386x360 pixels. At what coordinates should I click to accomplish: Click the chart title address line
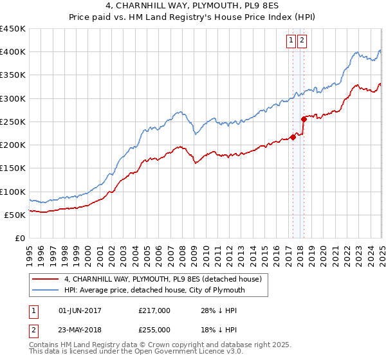click(193, 7)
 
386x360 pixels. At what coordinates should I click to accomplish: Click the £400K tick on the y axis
click(14, 52)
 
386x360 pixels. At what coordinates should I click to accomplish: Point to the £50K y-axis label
click(16, 215)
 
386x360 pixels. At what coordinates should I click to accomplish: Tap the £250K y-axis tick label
click(14, 122)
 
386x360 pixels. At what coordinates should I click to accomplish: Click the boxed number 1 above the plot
click(291, 40)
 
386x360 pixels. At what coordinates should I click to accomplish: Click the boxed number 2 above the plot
click(302, 40)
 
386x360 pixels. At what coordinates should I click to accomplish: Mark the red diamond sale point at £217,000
click(293, 137)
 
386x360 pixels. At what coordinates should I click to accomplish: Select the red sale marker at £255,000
click(304, 119)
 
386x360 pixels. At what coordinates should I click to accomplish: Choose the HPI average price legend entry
click(154, 291)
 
